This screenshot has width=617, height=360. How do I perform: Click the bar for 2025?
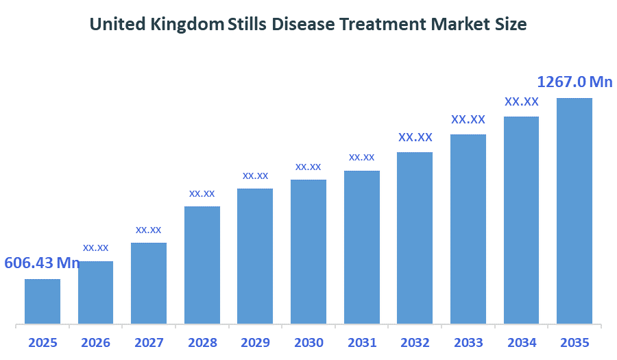point(43,301)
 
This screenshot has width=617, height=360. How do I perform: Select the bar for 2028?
point(202,265)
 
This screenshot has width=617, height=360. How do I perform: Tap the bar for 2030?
point(308,252)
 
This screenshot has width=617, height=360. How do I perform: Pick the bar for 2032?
point(415,237)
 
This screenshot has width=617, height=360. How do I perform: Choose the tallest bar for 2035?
point(574,211)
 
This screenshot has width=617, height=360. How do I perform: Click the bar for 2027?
point(149,283)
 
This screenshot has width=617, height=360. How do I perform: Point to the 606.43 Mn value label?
point(43,263)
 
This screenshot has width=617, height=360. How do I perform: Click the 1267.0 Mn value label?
point(574,82)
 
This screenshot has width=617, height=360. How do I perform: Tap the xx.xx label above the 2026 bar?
point(96,247)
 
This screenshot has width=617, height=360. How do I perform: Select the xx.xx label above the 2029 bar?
point(255,176)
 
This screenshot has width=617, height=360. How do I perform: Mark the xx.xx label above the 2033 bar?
point(468,119)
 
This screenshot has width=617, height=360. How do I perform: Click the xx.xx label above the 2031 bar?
point(361,157)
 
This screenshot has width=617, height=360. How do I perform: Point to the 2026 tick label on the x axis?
point(96,342)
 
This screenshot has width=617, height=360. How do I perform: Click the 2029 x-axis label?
point(255,342)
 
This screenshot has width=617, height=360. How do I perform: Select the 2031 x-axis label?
point(361,342)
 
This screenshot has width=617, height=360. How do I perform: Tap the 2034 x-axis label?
point(521,342)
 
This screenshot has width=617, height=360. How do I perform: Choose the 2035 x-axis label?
point(574,342)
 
